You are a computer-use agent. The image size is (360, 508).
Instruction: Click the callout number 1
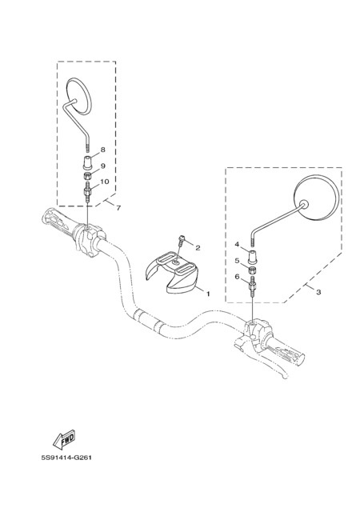(x=208, y=294)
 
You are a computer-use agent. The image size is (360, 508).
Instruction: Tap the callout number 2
(x=198, y=248)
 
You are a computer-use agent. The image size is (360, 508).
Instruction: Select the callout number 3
(x=318, y=292)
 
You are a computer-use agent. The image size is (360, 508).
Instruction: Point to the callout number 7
(x=118, y=208)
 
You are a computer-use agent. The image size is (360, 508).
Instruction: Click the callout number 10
(x=104, y=182)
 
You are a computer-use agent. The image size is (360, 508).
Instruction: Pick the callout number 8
(x=103, y=150)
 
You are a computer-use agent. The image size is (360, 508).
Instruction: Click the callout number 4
(x=237, y=244)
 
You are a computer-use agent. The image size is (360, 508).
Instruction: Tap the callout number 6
(x=237, y=277)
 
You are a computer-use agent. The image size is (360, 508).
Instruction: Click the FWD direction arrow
(x=64, y=439)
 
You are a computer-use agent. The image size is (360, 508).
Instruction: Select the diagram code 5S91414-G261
(x=66, y=458)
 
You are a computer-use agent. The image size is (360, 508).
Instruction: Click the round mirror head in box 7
(x=78, y=96)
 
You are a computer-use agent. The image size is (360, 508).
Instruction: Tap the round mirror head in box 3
(x=317, y=198)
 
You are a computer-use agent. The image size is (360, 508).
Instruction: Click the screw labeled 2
(x=181, y=242)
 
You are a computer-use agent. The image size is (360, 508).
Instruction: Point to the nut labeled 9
(x=87, y=176)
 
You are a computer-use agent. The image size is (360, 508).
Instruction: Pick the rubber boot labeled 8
(x=87, y=162)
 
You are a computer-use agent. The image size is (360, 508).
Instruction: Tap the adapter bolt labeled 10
(x=87, y=192)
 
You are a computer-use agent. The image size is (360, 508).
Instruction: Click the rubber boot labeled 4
(x=253, y=256)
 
